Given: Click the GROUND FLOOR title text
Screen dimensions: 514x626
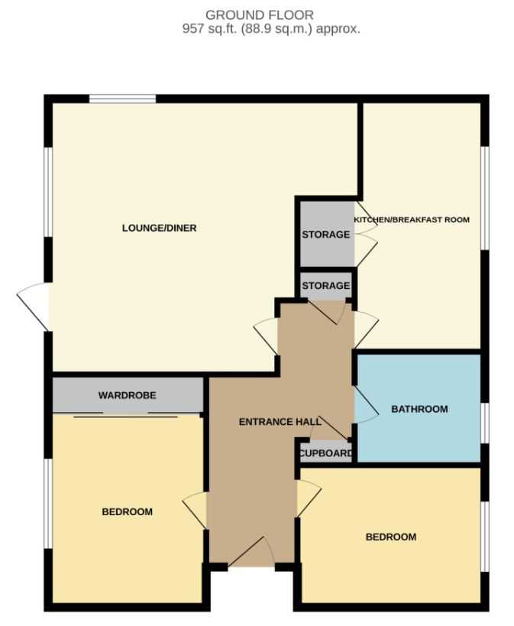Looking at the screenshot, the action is coord(260,15).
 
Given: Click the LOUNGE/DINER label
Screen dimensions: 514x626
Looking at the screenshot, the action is coord(159,228).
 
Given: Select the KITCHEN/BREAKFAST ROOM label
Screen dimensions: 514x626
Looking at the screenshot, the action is coord(412,219).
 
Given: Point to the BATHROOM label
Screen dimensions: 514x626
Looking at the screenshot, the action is coord(419,409).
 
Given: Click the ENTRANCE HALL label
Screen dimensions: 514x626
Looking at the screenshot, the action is coord(280,422).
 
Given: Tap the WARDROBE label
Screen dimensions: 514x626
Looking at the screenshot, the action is coord(128,395).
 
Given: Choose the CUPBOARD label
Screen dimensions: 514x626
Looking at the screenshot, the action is coord(325,453).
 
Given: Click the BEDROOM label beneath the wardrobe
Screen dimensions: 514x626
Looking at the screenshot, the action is coord(128,511).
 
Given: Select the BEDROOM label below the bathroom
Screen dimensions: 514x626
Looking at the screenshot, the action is coord(391,537).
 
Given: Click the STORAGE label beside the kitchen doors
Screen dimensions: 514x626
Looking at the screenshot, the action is coord(325,235).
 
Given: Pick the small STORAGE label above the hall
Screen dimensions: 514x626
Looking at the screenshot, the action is coord(325,285).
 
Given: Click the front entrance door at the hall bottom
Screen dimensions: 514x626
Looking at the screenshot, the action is coord(251,552).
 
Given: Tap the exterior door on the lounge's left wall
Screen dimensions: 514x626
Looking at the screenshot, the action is coord(33,307).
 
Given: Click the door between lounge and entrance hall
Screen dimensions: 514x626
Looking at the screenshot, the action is coord(266,336).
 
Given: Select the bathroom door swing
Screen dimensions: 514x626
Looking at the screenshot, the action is coord(367,404).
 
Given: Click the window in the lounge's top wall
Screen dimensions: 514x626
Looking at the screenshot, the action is coord(122,99).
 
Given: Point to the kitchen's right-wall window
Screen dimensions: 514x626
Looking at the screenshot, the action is coord(485,199).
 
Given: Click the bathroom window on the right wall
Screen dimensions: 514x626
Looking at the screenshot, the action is coord(485,423).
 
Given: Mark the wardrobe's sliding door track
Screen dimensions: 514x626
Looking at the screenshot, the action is coord(126,415).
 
